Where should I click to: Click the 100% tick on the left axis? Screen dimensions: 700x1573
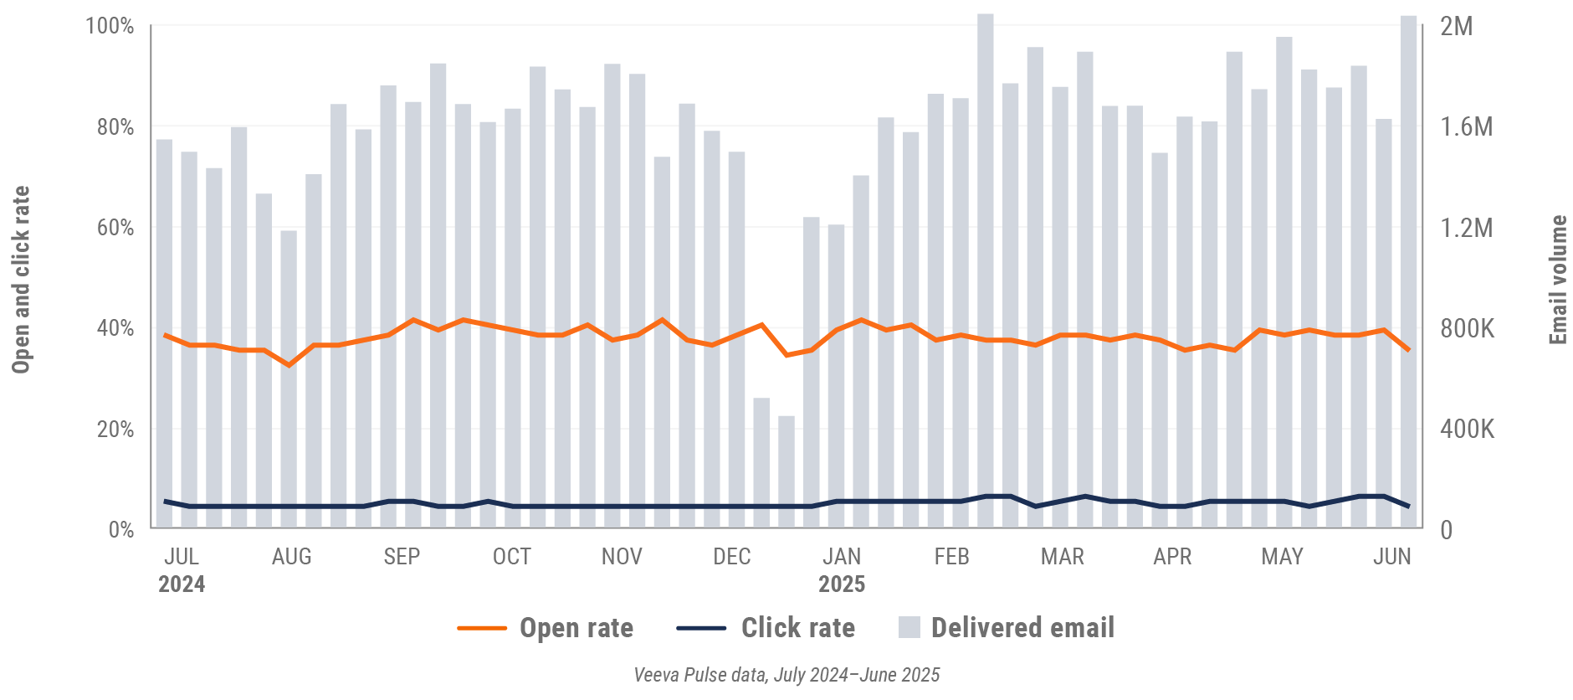110,26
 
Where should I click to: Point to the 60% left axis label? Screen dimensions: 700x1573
115,228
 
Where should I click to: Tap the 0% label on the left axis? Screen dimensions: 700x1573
120,530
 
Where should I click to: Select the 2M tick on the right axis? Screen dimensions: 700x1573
1456,26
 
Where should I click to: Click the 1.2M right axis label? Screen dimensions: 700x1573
1466,228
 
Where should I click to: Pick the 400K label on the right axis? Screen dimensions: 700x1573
1467,430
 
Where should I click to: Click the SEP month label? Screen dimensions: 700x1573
402,557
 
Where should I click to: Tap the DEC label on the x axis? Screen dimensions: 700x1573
731,557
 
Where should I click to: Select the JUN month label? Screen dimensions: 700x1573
1391,557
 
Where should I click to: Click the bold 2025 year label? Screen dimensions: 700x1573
842,584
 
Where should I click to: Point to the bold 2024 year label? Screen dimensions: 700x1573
182,584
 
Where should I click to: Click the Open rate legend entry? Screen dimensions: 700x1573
576,628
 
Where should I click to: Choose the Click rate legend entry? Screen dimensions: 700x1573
797,628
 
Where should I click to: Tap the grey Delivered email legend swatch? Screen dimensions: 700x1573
909,628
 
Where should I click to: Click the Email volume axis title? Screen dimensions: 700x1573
1558,280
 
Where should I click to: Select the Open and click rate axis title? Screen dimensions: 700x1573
21,280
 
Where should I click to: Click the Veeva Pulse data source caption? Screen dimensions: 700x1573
786,675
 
